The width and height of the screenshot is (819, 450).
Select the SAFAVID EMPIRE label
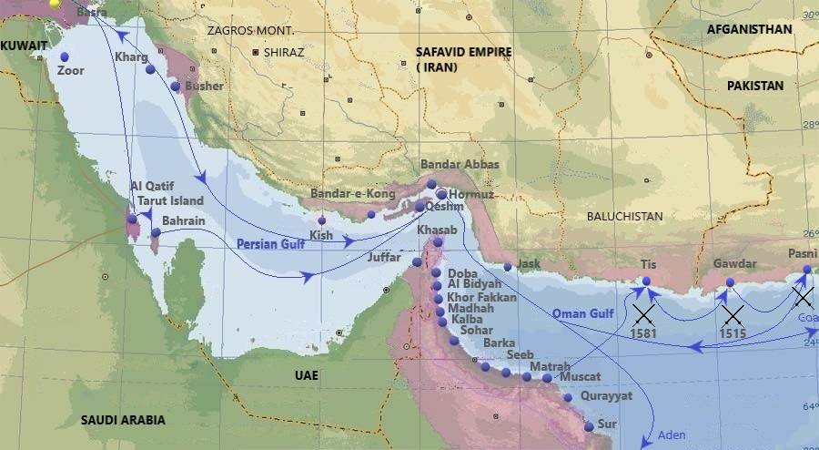pyautogui.click(x=463, y=52)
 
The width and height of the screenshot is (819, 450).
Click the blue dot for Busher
pyautogui.click(x=176, y=86)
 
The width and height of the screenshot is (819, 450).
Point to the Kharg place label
pyautogui.click(x=130, y=57)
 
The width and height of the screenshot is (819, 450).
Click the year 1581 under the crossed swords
pyautogui.click(x=644, y=334)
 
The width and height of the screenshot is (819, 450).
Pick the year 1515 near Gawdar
pyautogui.click(x=733, y=334)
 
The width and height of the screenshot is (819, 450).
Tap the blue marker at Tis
pyautogui.click(x=646, y=281)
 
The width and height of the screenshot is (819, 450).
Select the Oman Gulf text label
pyautogui.click(x=584, y=314)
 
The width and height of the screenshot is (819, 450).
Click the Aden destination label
pyautogui.click(x=672, y=435)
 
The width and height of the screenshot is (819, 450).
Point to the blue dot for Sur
pyautogui.click(x=589, y=426)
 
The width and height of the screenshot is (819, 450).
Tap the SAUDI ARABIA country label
pyautogui.click(x=124, y=420)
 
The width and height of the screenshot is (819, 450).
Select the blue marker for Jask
pyautogui.click(x=508, y=267)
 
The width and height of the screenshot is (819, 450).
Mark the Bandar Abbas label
pyautogui.click(x=460, y=165)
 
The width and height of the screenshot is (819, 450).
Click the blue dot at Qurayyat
pyautogui.click(x=568, y=397)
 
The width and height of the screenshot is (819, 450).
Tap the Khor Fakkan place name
pyautogui.click(x=481, y=298)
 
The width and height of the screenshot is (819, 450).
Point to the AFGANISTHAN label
pyautogui.click(x=749, y=29)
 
